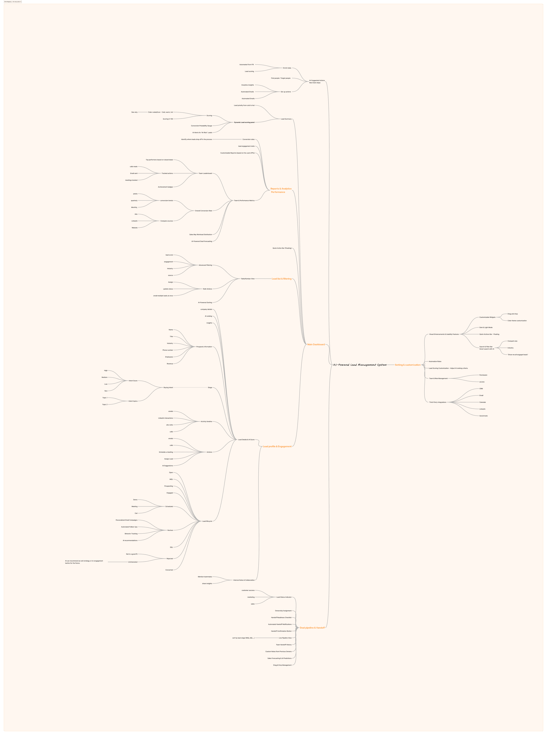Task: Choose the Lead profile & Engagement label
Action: click(277, 447)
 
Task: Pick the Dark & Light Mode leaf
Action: click(486, 327)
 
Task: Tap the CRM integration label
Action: click(481, 389)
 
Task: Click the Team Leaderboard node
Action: click(205, 174)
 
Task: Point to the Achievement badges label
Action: click(165, 187)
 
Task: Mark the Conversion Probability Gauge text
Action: click(201, 126)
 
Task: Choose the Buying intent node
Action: click(168, 387)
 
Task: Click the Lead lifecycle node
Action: click(207, 521)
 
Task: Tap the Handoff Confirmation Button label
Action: click(281, 631)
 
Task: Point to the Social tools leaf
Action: click(483, 416)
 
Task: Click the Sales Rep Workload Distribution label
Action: click(201, 234)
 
